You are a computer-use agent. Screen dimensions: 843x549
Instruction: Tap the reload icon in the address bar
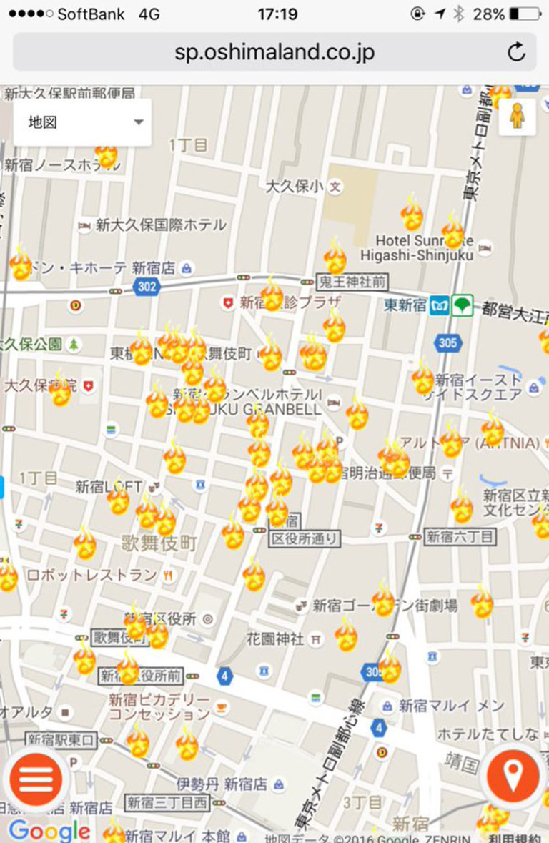point(516,51)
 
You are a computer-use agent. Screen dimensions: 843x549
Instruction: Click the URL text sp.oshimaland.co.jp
point(274,52)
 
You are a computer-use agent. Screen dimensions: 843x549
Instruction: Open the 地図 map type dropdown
point(82,122)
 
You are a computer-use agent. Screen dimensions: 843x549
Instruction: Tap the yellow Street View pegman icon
point(518,116)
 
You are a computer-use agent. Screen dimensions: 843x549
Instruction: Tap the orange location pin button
point(513,777)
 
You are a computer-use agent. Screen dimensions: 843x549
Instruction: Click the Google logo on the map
point(49,830)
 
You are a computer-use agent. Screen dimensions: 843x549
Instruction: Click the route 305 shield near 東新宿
point(447,343)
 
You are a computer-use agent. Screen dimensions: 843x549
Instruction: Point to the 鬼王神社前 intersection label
point(352,281)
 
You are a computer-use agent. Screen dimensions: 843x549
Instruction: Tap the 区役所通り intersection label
point(305,538)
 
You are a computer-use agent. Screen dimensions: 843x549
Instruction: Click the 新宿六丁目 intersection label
point(461,536)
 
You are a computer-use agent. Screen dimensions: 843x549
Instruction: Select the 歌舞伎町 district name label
point(159,543)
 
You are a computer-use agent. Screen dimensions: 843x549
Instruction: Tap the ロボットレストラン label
point(91,574)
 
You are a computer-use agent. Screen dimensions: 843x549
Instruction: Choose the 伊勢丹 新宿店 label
point(222,784)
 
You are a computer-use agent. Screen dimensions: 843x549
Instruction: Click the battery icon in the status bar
point(525,14)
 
